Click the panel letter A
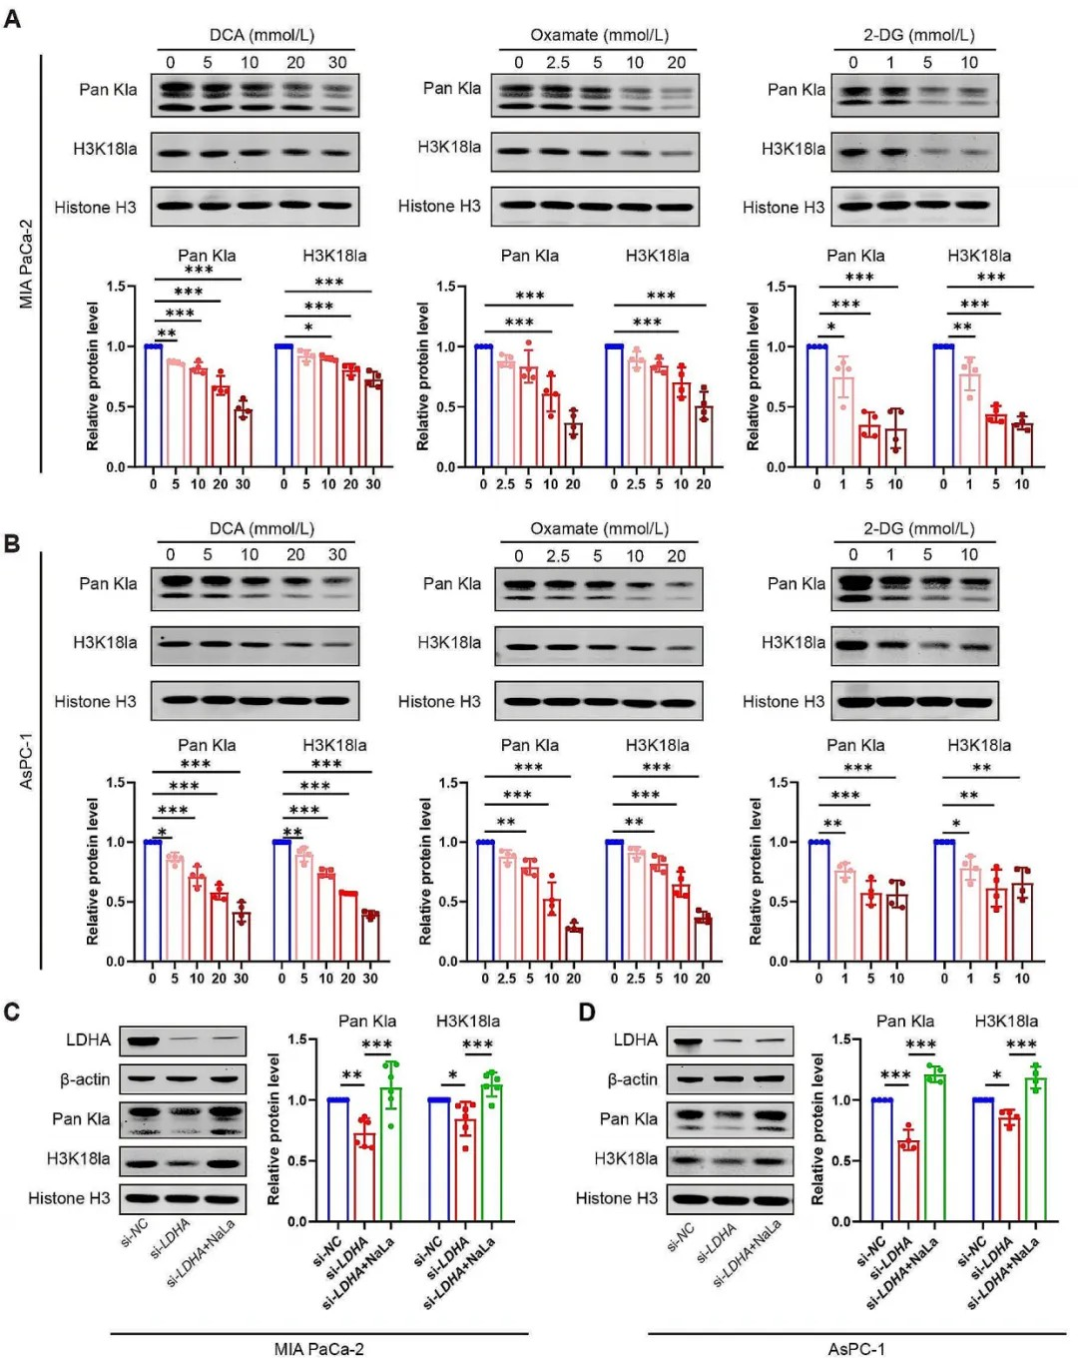tap(12, 19)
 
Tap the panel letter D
tap(587, 1013)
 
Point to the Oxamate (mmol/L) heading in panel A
tap(599, 35)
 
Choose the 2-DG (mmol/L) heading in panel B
tap(919, 528)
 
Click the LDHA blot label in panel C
tap(88, 1039)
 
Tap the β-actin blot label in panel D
tap(633, 1079)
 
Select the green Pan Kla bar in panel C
tap(392, 1153)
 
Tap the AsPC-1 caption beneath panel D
tap(856, 1349)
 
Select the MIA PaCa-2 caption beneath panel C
tap(318, 1349)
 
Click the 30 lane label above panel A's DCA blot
tap(337, 62)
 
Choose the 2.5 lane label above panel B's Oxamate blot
tap(557, 556)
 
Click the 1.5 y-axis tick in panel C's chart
tap(297, 1039)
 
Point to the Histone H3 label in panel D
tap(617, 1198)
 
